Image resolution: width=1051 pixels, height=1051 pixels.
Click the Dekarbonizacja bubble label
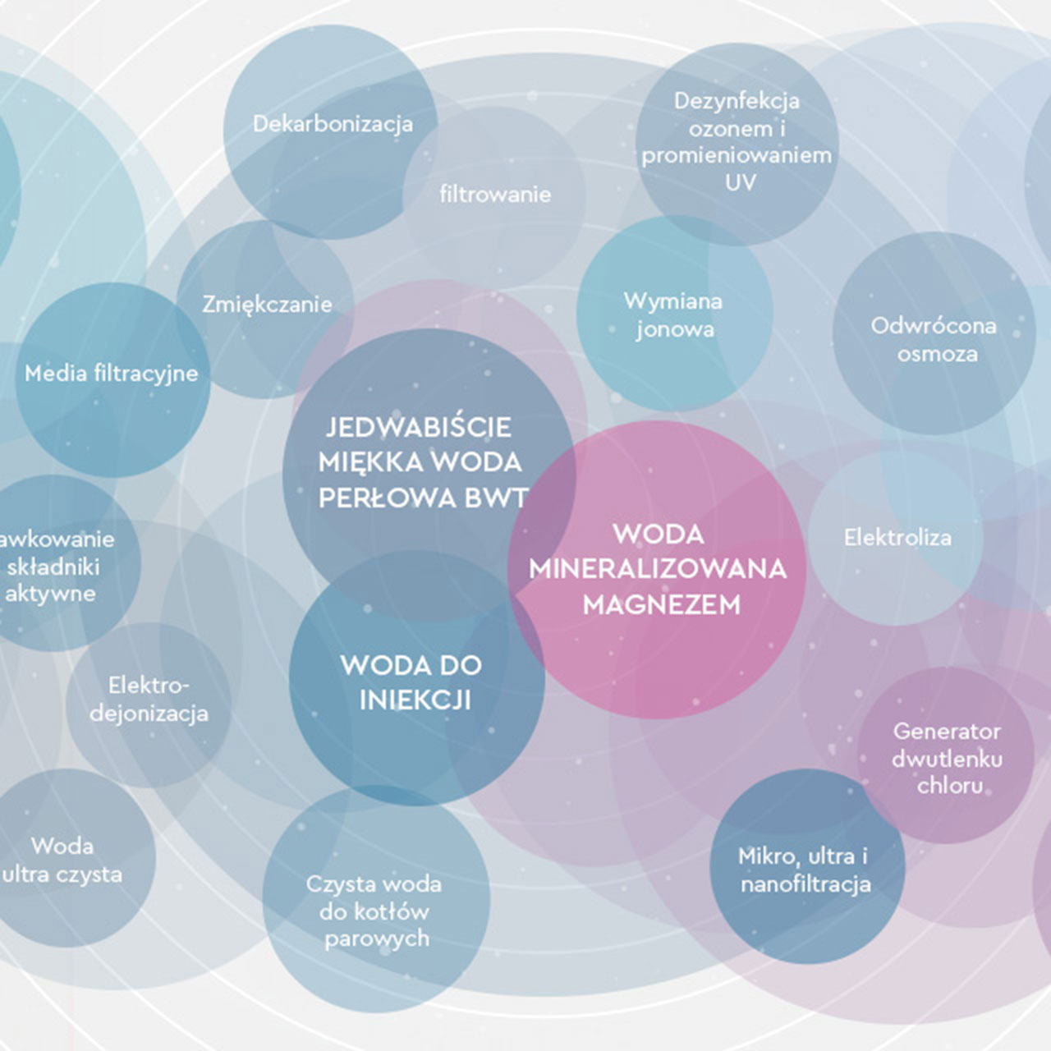(x=333, y=124)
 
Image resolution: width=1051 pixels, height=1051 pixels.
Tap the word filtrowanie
(x=495, y=195)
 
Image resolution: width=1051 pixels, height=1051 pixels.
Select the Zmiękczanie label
(x=267, y=305)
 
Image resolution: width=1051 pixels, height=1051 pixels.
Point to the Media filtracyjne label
(x=112, y=374)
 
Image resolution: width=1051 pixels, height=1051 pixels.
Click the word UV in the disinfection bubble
(x=740, y=182)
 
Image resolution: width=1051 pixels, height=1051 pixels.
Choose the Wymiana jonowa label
(x=673, y=315)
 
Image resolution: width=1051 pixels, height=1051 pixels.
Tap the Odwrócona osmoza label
(x=934, y=340)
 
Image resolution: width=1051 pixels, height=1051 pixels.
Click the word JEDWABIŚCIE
(x=419, y=427)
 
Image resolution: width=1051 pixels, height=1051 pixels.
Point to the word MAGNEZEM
(x=662, y=605)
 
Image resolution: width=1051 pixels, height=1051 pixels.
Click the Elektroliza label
(x=897, y=538)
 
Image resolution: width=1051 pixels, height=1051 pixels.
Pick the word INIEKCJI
(x=415, y=700)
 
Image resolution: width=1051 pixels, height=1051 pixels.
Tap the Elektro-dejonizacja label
(x=149, y=699)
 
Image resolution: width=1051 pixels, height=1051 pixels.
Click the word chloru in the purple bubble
(x=950, y=786)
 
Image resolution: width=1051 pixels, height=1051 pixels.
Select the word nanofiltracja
(x=805, y=884)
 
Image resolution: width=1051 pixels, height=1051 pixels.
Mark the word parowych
(x=377, y=939)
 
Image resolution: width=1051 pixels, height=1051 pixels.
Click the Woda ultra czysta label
(x=62, y=861)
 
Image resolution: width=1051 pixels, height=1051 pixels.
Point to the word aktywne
(x=50, y=594)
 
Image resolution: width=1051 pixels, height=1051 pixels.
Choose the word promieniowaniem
(x=737, y=155)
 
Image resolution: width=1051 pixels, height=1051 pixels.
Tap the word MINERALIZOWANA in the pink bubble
(x=658, y=569)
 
